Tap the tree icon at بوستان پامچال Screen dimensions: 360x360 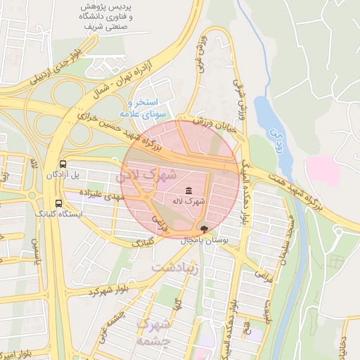coord(205,229)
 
